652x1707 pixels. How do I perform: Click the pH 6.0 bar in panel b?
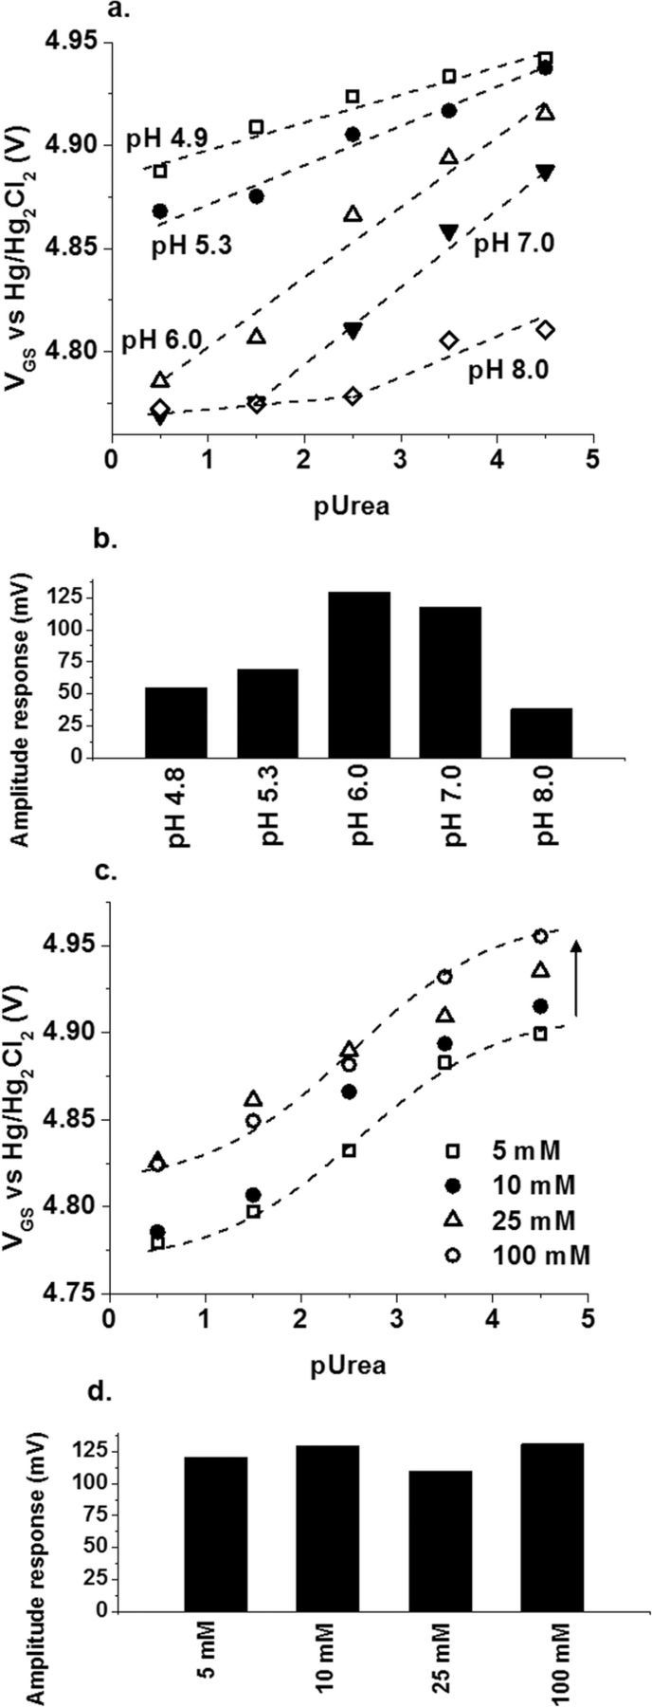pos(358,675)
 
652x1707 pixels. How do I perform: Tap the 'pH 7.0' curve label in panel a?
pos(515,244)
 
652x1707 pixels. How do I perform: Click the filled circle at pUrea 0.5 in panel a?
pos(159,211)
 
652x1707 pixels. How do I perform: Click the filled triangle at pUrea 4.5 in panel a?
pos(545,172)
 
